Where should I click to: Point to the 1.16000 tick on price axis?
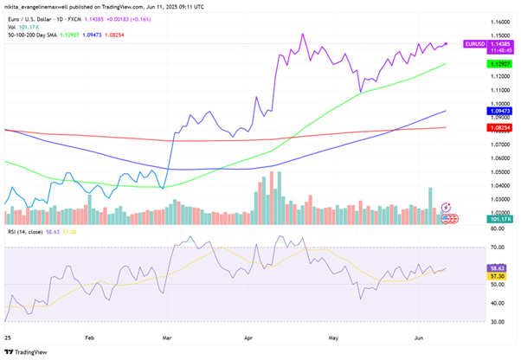click(478, 21)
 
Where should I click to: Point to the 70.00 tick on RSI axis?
click(474, 247)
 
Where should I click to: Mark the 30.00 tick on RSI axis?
click(474, 322)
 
